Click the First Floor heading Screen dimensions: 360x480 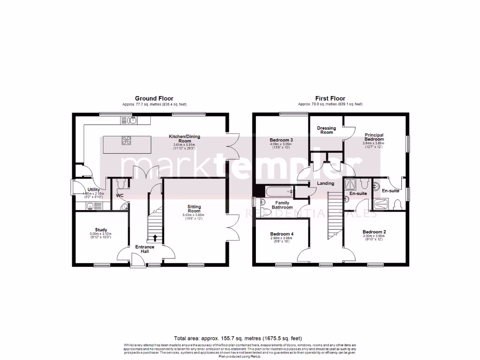pos(330,98)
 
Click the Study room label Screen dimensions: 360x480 pos(98,230)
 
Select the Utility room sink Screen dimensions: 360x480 pos(90,205)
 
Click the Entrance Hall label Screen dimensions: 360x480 pos(145,249)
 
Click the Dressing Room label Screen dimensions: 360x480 pos(326,130)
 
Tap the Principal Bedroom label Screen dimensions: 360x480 pos(374,137)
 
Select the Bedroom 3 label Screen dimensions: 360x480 pos(281,140)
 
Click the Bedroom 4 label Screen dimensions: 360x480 pos(282,233)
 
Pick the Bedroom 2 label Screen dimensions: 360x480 pos(374,232)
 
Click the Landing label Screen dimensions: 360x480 pos(325,183)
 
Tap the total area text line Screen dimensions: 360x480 pos(238,338)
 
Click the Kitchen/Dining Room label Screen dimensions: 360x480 pos(184,139)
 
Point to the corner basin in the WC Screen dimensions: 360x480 pos(124,207)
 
